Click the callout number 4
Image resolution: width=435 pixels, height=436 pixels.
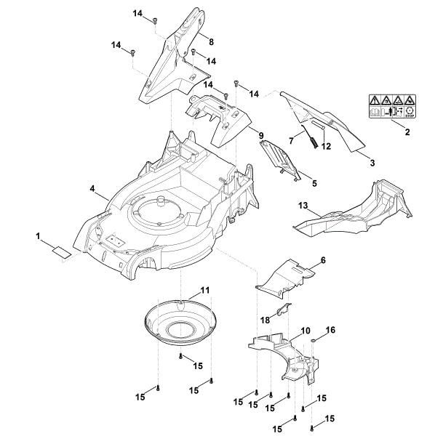[x=93, y=189]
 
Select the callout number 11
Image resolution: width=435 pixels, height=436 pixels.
[x=205, y=290]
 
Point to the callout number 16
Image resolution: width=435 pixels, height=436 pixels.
[x=330, y=330]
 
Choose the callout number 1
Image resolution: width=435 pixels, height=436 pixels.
[x=38, y=236]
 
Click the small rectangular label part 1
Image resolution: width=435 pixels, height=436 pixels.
[x=58, y=251]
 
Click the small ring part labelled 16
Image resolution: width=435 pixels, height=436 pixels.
[x=313, y=339]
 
